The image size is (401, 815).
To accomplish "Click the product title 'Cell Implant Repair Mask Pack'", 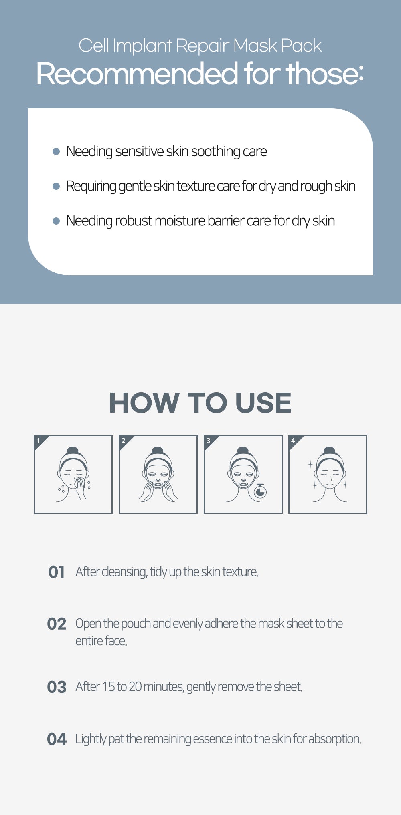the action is pyautogui.click(x=200, y=46).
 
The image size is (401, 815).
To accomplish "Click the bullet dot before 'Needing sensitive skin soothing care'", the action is pyautogui.click(x=56, y=151).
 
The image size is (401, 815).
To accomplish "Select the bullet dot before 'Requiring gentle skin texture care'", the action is pyautogui.click(x=56, y=186).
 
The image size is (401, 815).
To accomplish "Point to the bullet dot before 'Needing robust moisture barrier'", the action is pyautogui.click(x=56, y=221).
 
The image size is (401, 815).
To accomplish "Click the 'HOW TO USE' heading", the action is pyautogui.click(x=200, y=402).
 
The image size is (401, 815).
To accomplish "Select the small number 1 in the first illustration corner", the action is pyautogui.click(x=38, y=441).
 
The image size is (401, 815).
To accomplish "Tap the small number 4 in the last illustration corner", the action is pyautogui.click(x=293, y=441).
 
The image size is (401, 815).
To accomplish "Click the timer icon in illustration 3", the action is pyautogui.click(x=260, y=491).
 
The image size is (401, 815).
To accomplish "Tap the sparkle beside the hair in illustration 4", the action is pyautogui.click(x=310, y=465).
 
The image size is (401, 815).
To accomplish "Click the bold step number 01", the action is pyautogui.click(x=57, y=572).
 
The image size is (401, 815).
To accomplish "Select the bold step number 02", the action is pyautogui.click(x=57, y=624).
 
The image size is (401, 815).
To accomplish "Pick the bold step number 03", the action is pyautogui.click(x=57, y=687).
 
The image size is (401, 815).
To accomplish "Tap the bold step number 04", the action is pyautogui.click(x=57, y=739).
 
